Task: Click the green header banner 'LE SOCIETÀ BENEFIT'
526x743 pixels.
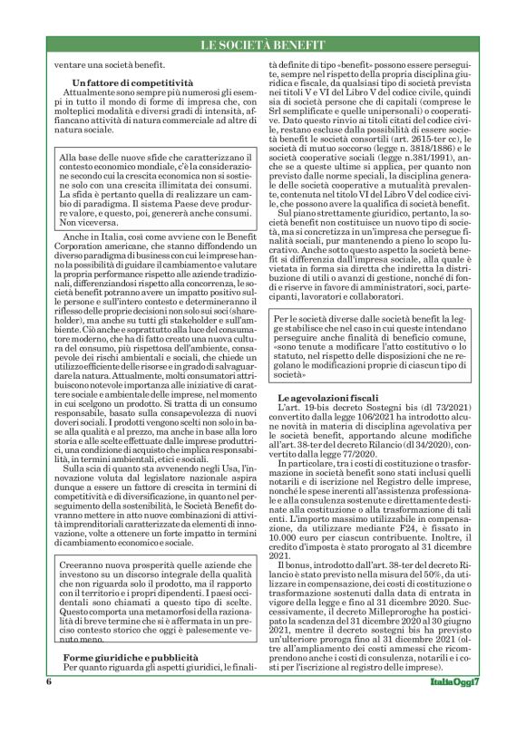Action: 262,43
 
